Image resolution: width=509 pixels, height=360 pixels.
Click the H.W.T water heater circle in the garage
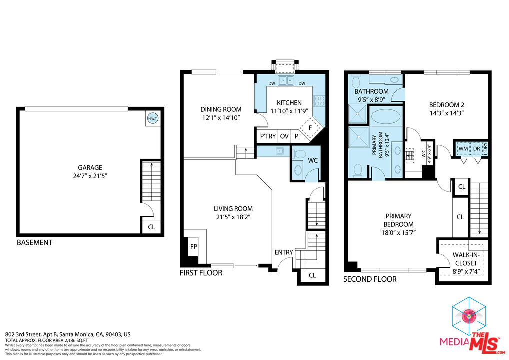coord(152,118)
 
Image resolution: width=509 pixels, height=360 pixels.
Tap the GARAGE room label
coord(89,168)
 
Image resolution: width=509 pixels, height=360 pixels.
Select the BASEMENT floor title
coord(34,243)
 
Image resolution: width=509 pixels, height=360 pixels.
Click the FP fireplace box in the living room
coord(193,246)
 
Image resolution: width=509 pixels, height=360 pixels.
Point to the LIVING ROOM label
coord(233,209)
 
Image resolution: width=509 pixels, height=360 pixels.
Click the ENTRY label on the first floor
coord(284,252)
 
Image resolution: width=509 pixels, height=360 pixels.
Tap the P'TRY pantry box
coord(265,136)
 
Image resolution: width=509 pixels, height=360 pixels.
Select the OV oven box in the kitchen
coord(284,136)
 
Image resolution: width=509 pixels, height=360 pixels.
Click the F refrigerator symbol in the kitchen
coord(310,127)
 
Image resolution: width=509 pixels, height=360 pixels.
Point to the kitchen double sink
coord(286,80)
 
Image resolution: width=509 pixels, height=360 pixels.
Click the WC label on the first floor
coord(313,160)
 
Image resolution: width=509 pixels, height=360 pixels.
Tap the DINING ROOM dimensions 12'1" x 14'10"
coord(221,118)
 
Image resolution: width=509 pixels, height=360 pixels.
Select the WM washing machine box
coord(463,149)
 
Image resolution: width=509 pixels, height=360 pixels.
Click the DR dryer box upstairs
coord(477,149)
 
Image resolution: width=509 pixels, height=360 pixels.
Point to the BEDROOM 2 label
coord(447,105)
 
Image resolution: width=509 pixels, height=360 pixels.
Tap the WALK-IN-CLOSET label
coord(465,259)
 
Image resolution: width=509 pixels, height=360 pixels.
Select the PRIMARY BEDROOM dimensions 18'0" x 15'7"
coord(398,233)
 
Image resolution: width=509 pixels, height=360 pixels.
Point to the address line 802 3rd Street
coord(68,334)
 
